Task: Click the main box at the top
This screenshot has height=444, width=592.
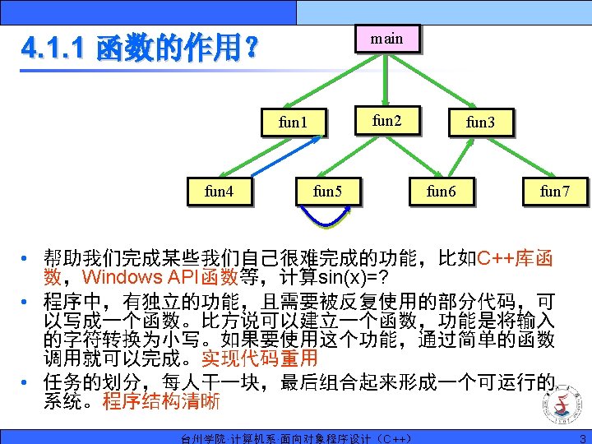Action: pyautogui.click(x=386, y=39)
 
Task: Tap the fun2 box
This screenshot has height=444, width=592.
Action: pyautogui.click(x=386, y=121)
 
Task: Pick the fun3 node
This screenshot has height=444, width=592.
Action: pyautogui.click(x=480, y=123)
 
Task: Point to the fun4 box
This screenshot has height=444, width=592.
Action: pyautogui.click(x=218, y=192)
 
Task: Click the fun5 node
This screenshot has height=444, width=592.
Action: pyautogui.click(x=327, y=192)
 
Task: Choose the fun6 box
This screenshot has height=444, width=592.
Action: pyautogui.click(x=441, y=192)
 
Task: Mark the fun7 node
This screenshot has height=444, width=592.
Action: pyautogui.click(x=553, y=192)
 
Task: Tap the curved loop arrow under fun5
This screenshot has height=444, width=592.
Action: pyautogui.click(x=326, y=220)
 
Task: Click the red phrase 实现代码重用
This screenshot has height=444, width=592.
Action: pyautogui.click(x=259, y=358)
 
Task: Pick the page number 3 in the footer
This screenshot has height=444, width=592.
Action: pyautogui.click(x=582, y=438)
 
